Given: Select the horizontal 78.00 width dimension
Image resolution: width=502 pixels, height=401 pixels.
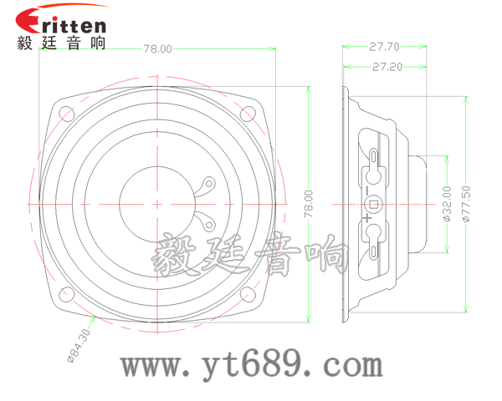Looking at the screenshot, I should coord(157,49).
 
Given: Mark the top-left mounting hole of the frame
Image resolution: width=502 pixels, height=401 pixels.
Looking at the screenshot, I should coord(66,112).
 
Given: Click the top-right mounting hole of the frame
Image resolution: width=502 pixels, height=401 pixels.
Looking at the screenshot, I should coord(248,112).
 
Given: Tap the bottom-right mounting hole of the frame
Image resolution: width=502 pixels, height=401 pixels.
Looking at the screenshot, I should coord(248,294).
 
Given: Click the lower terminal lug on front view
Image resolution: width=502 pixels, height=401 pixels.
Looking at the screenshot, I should coord(203,221).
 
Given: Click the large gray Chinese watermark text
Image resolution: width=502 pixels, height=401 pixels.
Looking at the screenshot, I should coord(251,255).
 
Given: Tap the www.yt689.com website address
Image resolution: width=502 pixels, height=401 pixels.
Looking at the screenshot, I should coord(252,365).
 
